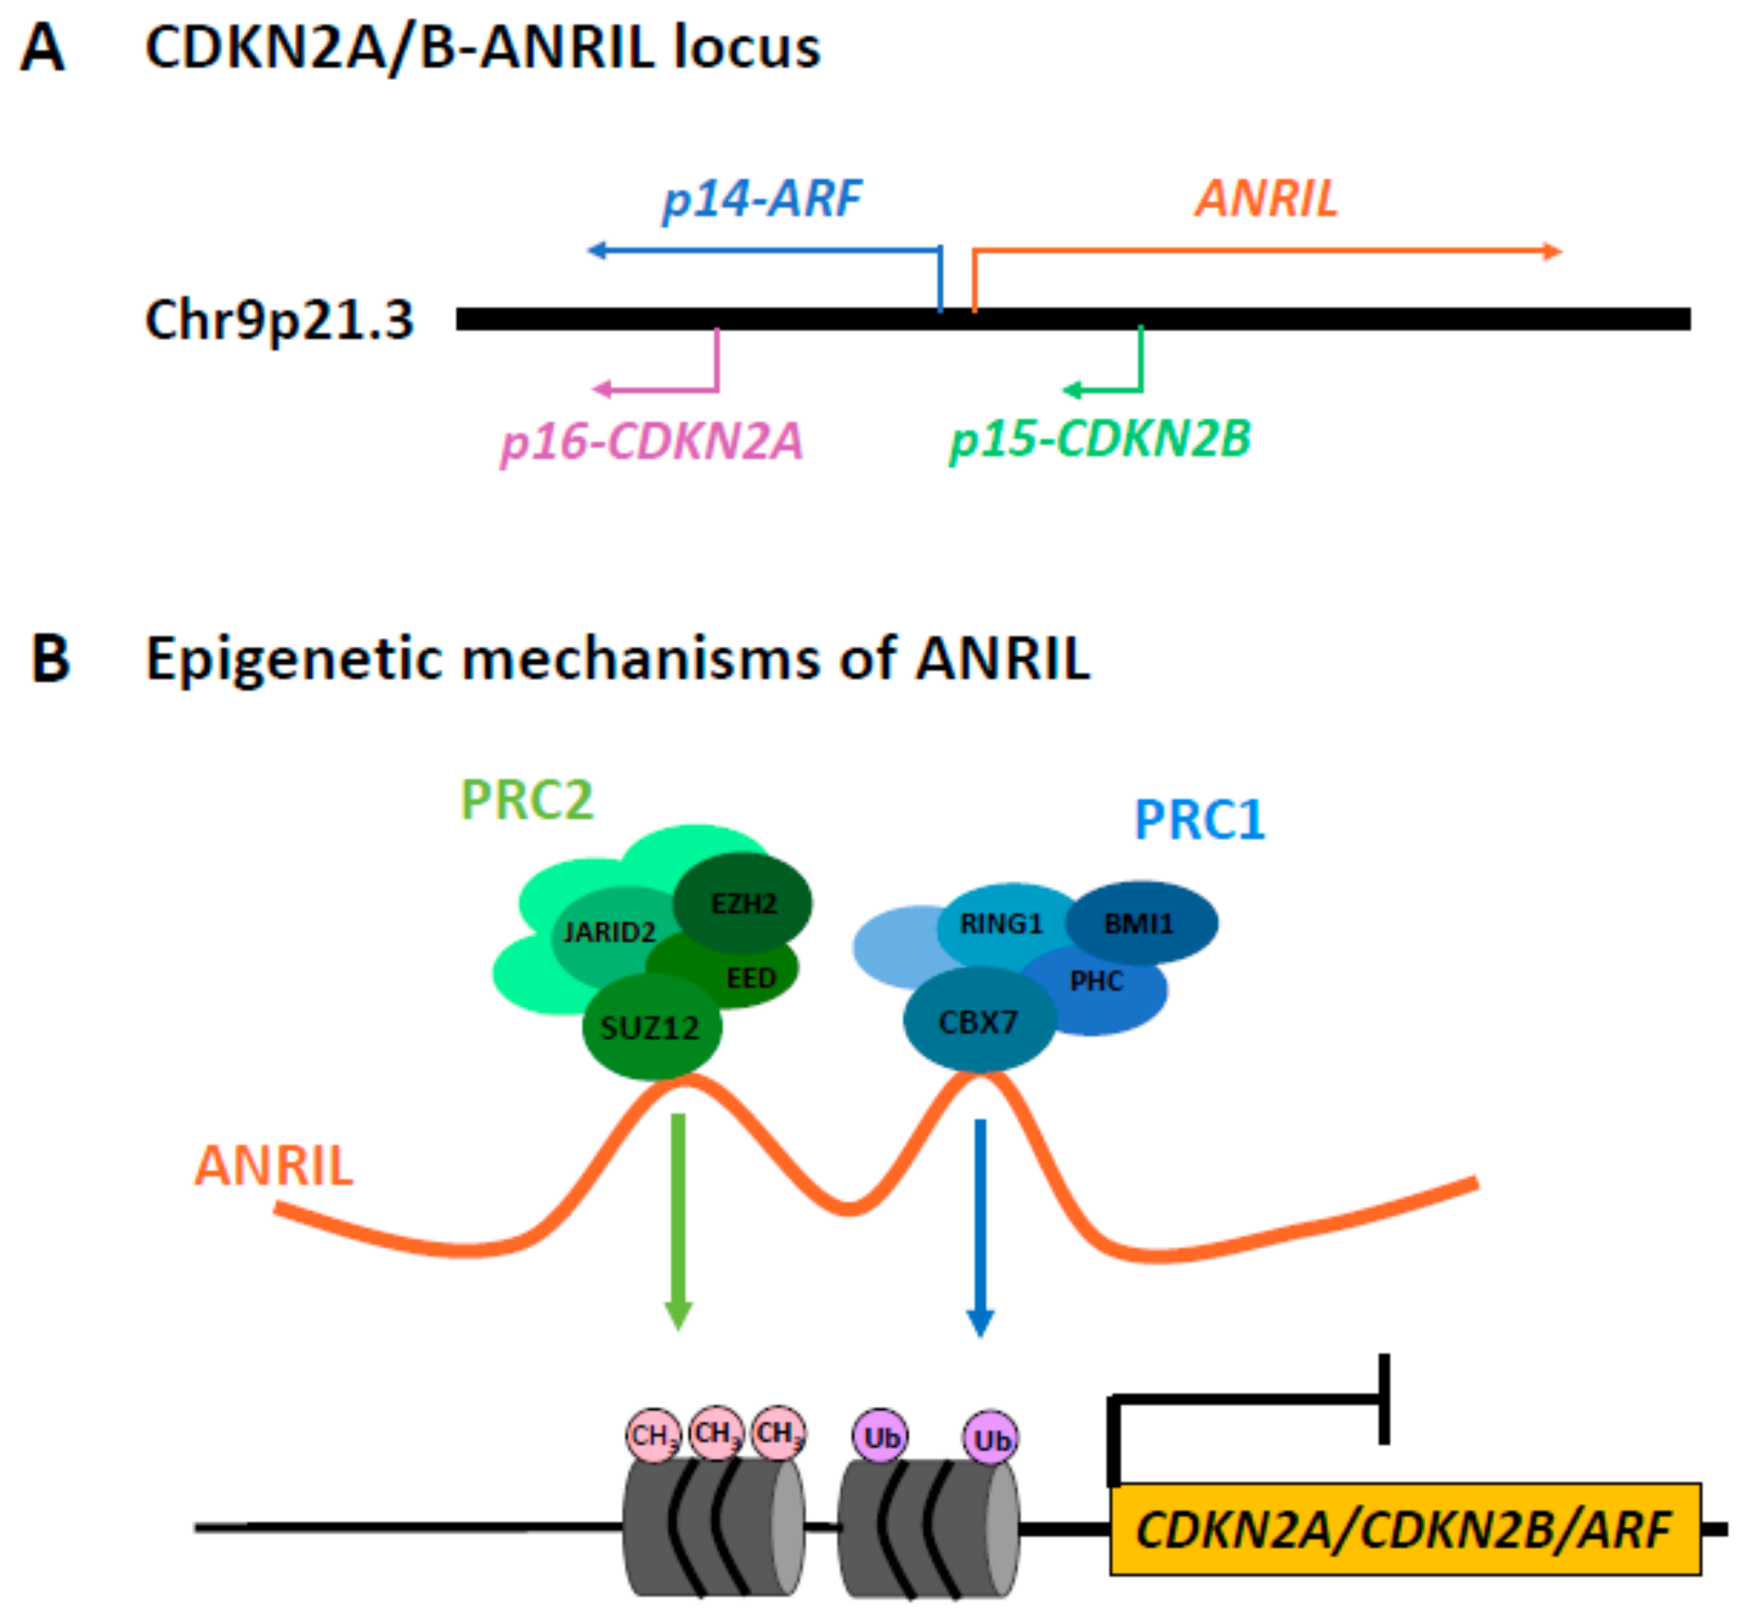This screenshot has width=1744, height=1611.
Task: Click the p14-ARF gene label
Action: [762, 199]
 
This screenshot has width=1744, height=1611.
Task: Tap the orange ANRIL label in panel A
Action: [1266, 199]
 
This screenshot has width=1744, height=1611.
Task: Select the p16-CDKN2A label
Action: [651, 441]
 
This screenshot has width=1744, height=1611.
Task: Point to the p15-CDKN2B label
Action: [1100, 439]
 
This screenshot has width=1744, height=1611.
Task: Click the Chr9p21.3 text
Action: [279, 320]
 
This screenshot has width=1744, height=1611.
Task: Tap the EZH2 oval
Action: [743, 904]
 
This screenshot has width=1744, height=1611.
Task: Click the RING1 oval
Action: [1001, 924]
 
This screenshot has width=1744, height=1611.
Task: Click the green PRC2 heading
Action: [526, 799]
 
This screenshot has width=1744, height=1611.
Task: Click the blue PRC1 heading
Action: [1200, 820]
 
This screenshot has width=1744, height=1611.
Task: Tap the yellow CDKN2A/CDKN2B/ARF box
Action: [1404, 1529]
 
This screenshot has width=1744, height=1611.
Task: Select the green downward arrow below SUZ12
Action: [678, 1220]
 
